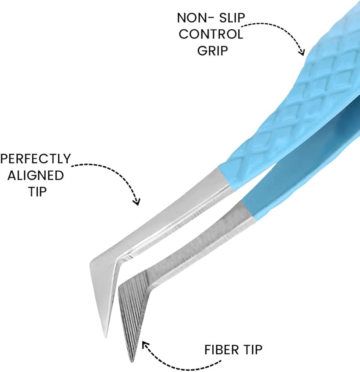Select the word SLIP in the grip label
tap(230, 18)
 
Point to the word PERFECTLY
tap(36, 159)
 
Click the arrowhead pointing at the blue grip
tap(302, 53)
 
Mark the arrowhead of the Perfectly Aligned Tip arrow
tap(136, 202)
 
